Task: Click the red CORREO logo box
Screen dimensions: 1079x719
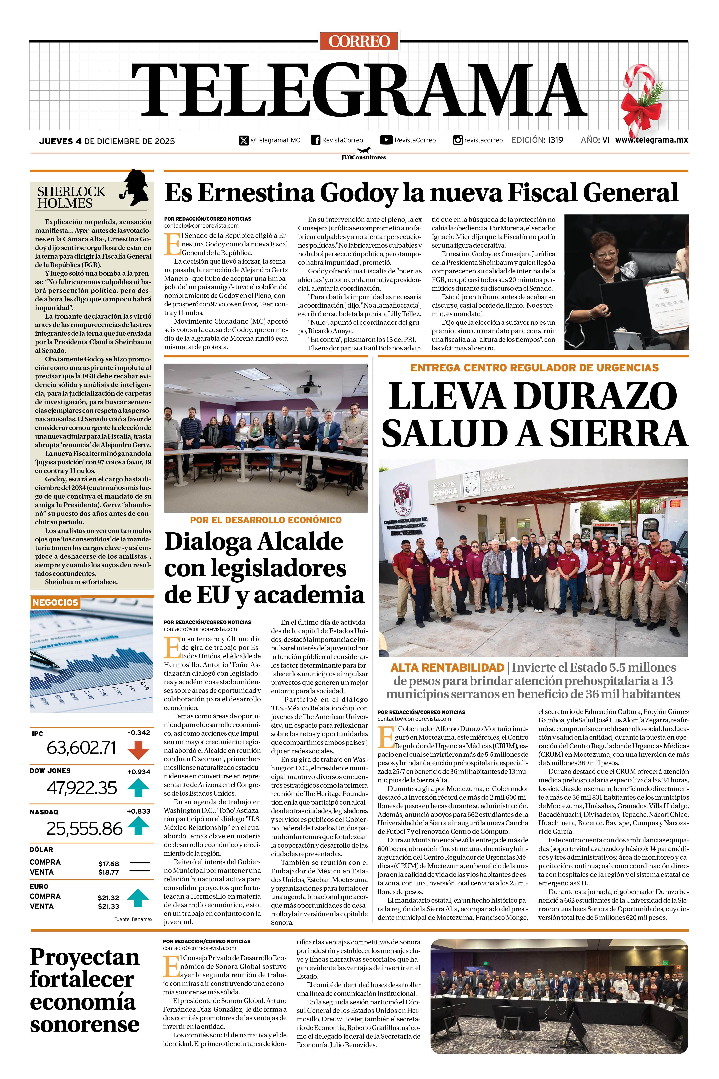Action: tap(359, 41)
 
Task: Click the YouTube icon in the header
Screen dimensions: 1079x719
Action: tap(386, 140)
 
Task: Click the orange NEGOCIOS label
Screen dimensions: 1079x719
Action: tap(55, 602)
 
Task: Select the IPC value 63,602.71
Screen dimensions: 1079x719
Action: tap(81, 748)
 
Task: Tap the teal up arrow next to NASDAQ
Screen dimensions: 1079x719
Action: tap(138, 827)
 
